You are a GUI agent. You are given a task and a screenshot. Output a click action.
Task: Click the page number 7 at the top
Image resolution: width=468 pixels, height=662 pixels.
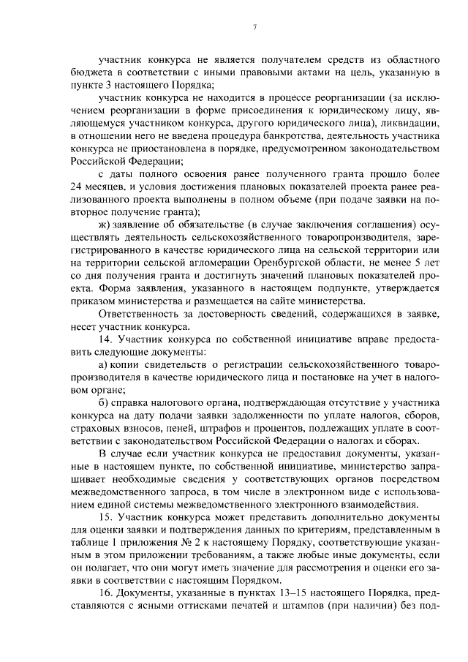[x=254, y=27]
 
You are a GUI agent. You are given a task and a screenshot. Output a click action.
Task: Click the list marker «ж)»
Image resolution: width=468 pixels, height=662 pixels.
[x=105, y=223]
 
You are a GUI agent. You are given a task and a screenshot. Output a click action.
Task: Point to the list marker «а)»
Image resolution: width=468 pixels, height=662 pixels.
[x=104, y=364]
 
